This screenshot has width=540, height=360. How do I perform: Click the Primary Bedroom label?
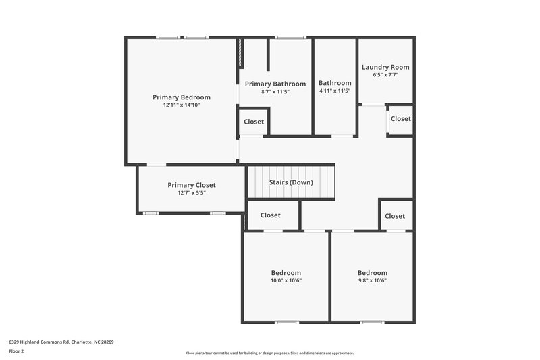[181, 97]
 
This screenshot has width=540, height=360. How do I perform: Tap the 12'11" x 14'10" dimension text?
[181, 105]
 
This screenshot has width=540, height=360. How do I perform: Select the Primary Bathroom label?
[275, 84]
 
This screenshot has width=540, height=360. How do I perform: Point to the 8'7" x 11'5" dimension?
[275, 92]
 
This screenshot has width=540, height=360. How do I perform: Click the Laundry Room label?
[385, 67]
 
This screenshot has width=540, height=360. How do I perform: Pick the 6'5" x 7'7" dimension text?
[385, 75]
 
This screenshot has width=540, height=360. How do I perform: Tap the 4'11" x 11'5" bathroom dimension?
[335, 91]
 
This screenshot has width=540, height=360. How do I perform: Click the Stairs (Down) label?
[291, 182]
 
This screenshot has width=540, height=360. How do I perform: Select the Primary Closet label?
[192, 185]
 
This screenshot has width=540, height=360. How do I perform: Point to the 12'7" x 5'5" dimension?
[192, 193]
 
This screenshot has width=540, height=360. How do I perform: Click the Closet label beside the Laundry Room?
[400, 119]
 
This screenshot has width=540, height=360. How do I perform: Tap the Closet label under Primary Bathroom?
[254, 122]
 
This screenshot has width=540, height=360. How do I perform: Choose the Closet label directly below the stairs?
[271, 216]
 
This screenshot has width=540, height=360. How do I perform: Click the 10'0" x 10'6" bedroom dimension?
[286, 281]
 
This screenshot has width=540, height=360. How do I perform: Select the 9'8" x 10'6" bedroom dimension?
[372, 281]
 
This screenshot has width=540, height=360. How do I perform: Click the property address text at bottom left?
[61, 342]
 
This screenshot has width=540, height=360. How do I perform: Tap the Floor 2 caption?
[16, 351]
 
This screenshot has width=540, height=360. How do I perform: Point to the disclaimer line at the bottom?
[269, 353]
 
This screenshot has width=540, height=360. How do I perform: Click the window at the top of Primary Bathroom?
[290, 37]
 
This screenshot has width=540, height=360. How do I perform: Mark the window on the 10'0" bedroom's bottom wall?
[287, 322]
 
